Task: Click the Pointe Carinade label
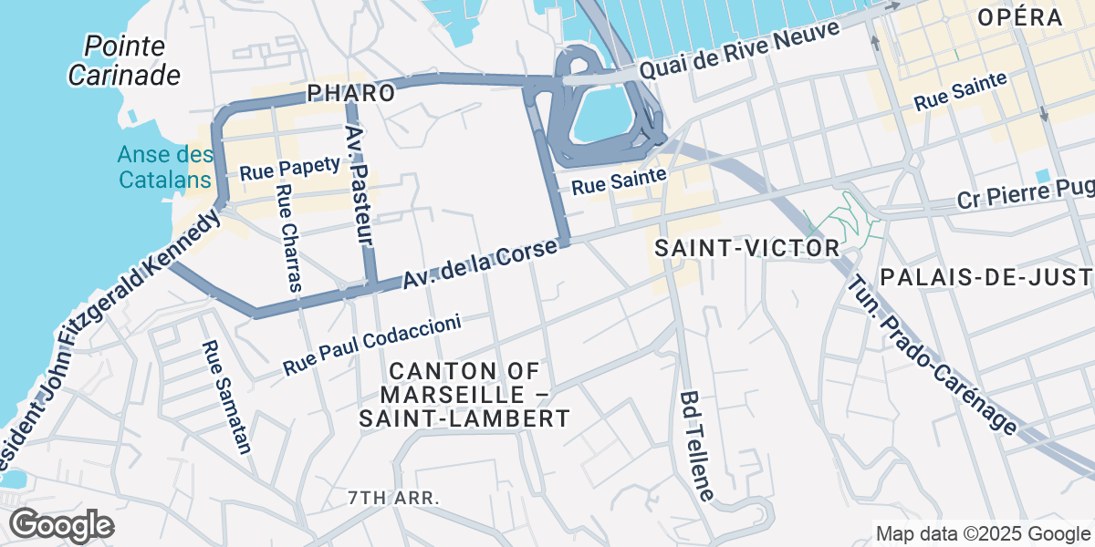(124, 60)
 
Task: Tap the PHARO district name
(351, 93)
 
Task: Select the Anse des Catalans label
(165, 167)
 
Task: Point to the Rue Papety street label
(289, 169)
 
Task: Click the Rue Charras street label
(287, 238)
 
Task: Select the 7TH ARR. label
(394, 499)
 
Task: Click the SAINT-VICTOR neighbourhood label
(747, 248)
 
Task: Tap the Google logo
(61, 525)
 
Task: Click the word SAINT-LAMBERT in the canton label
(464, 418)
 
